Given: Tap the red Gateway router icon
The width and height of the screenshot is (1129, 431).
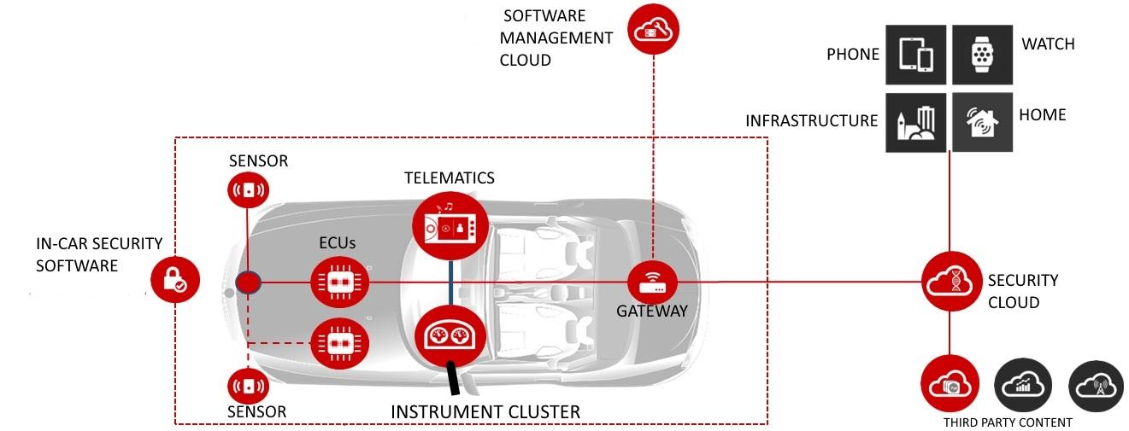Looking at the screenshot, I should pos(652,280).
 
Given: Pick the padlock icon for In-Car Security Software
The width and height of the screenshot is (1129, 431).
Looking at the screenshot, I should pos(175,278).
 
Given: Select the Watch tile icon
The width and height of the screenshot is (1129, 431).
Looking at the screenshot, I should pos(982,54).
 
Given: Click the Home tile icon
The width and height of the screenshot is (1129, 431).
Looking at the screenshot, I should pos(982,122).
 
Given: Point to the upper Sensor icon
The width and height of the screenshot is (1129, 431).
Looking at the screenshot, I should pos(248,189).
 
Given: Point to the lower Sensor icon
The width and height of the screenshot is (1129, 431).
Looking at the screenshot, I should pos(248,385).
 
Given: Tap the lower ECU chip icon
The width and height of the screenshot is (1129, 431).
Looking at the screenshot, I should pos(340,342).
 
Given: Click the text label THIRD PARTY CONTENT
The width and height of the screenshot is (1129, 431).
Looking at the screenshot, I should pos(1007,422).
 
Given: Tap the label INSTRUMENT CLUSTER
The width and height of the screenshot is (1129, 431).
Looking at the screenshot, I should pos(485,412).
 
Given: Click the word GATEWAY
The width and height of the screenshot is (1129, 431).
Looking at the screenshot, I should pos(652,312).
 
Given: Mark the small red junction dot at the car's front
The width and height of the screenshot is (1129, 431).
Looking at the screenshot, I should pos(248,282).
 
